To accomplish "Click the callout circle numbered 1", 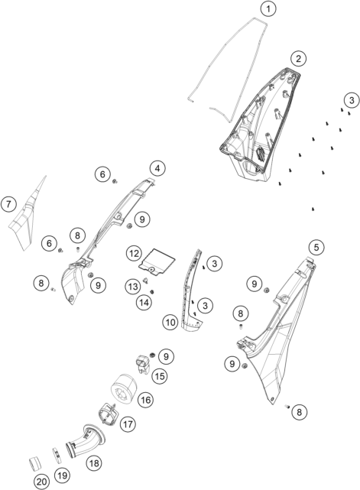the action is pyautogui.click(x=268, y=9).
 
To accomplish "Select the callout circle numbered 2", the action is pyautogui.click(x=298, y=58).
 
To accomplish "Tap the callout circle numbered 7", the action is pyautogui.click(x=8, y=204).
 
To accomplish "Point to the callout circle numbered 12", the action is pyautogui.click(x=134, y=254).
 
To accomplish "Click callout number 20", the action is pyautogui.click(x=41, y=482).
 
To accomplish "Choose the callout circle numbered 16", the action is pyautogui.click(x=146, y=400).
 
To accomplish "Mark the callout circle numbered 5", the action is pyautogui.click(x=316, y=248).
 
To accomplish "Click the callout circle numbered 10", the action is pyautogui.click(x=170, y=322).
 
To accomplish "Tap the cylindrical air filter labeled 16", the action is pyautogui.click(x=122, y=388).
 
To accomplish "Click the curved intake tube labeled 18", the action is pyautogui.click(x=84, y=437).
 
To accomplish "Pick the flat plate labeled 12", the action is pyautogui.click(x=157, y=262).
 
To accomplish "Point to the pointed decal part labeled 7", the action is pyautogui.click(x=28, y=216).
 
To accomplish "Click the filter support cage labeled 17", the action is pyautogui.click(x=109, y=414).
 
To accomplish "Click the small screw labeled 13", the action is pyautogui.click(x=145, y=281).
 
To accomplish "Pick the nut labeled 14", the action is pyautogui.click(x=153, y=292).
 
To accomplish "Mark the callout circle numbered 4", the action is pyautogui.click(x=157, y=168).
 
